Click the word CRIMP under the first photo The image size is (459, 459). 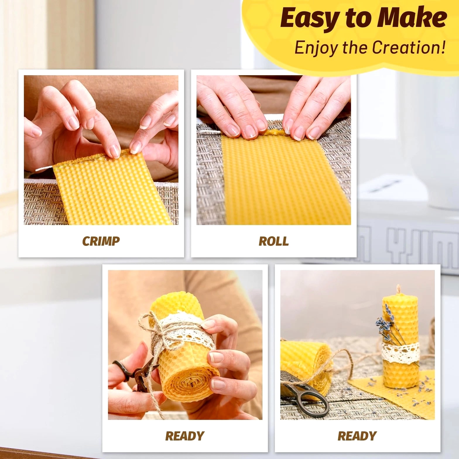[x=101, y=241]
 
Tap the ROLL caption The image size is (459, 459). [x=274, y=241]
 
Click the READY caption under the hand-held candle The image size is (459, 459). [x=185, y=436]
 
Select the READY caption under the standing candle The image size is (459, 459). [x=357, y=436]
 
